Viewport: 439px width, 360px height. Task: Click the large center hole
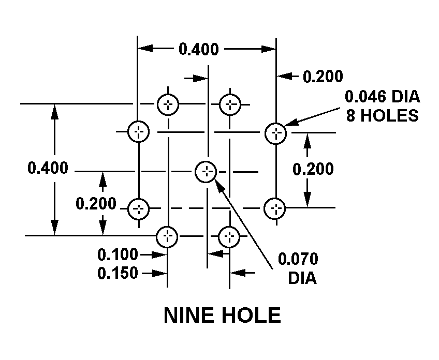pyautogui.click(x=206, y=171)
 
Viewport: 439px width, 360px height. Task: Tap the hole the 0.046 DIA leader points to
pyautogui.click(x=275, y=133)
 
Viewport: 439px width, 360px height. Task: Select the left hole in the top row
pyautogui.click(x=168, y=104)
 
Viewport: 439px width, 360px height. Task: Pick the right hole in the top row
pyautogui.click(x=229, y=104)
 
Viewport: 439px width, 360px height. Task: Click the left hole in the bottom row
pyautogui.click(x=168, y=236)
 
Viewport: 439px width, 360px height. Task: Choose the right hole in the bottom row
pyautogui.click(x=229, y=236)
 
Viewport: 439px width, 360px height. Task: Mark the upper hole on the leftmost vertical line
pyautogui.click(x=138, y=131)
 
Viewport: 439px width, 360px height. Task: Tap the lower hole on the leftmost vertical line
pyautogui.click(x=138, y=209)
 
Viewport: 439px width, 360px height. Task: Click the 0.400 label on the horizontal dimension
pyautogui.click(x=198, y=50)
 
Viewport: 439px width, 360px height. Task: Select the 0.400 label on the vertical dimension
pyautogui.click(x=48, y=168)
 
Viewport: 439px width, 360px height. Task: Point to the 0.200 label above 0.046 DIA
pyautogui.click(x=323, y=77)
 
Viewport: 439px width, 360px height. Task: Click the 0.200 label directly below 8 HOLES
pyautogui.click(x=313, y=169)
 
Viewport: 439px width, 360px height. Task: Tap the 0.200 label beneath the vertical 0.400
pyautogui.click(x=96, y=204)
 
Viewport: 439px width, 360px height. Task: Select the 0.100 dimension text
pyautogui.click(x=118, y=254)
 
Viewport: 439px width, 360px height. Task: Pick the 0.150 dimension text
pyautogui.click(x=118, y=273)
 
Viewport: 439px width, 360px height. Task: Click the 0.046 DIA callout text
pyautogui.click(x=382, y=97)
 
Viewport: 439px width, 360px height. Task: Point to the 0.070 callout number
pyautogui.click(x=298, y=259)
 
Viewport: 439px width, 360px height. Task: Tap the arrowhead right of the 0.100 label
pyautogui.click(x=161, y=254)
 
